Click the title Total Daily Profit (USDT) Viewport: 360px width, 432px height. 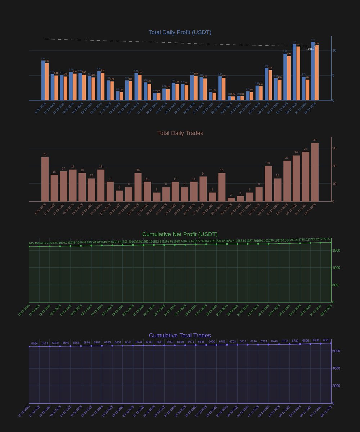coord(180,32)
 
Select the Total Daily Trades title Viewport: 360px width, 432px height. coord(180,133)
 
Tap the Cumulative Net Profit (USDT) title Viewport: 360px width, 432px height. coord(180,234)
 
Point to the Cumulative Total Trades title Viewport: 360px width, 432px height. coord(180,336)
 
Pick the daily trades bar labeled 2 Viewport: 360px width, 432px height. coord(231,199)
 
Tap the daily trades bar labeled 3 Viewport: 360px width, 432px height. coord(240,199)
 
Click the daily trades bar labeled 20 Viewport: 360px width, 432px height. coord(268,184)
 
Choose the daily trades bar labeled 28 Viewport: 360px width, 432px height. coord(306,176)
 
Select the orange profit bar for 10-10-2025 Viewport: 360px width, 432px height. coord(47,82)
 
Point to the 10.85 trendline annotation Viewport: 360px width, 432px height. coord(310,49)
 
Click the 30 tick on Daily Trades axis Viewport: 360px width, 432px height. coord(334,148)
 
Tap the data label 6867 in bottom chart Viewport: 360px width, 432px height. coord(327,340)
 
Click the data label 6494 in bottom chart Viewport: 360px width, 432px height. coord(35,343)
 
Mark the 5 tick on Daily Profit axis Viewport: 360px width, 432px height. coord(334,76)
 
